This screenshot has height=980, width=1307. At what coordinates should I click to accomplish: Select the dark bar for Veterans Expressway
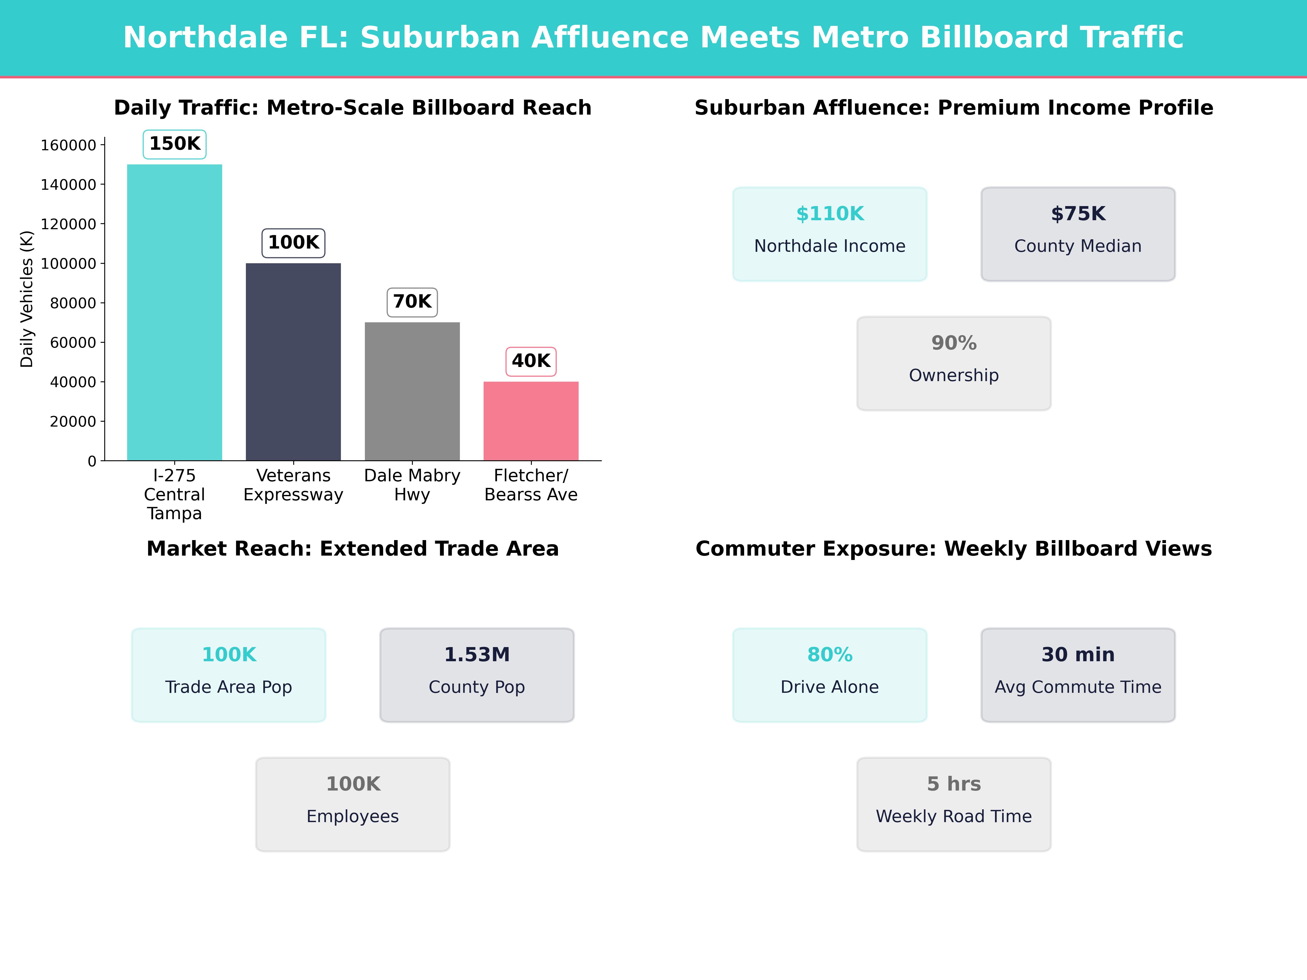point(293,362)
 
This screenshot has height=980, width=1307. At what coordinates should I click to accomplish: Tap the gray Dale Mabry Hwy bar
point(412,391)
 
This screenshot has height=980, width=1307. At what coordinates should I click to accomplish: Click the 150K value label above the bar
point(175,143)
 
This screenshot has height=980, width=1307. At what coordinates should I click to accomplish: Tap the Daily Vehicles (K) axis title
point(27,299)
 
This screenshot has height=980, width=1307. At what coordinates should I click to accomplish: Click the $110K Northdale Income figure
point(830,214)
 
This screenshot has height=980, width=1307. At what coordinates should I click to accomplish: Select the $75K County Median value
point(1078,214)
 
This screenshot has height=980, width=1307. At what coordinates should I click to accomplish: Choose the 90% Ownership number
point(954,343)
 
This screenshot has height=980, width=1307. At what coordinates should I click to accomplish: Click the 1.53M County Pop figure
point(477,654)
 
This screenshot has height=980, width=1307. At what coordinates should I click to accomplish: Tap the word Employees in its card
point(353,816)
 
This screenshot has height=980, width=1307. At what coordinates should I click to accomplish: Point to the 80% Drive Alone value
point(830,654)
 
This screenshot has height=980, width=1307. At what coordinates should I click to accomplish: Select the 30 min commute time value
point(1078,654)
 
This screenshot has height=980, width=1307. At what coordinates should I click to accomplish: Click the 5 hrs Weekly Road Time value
point(954,784)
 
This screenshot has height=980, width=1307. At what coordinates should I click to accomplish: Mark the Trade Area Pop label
point(229,687)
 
